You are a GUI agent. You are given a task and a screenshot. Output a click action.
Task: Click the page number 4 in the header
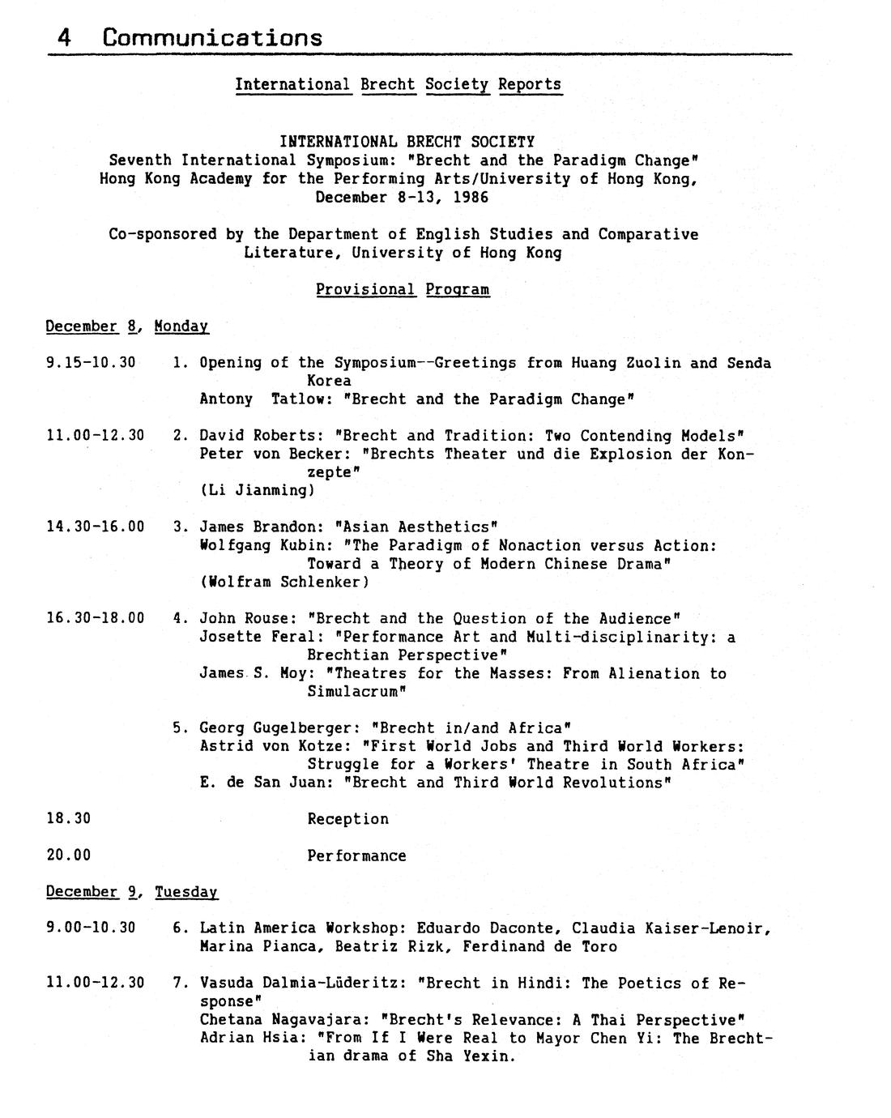click(x=63, y=37)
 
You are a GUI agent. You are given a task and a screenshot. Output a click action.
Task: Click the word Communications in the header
click(x=212, y=37)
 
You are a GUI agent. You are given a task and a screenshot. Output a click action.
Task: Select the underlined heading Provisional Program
click(x=403, y=289)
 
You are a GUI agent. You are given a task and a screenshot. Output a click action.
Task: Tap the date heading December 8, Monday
click(x=127, y=326)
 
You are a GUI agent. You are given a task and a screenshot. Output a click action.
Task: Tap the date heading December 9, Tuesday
click(x=132, y=891)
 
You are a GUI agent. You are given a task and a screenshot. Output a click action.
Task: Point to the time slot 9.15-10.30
click(x=91, y=362)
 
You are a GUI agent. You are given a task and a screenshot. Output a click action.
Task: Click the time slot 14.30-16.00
click(x=96, y=527)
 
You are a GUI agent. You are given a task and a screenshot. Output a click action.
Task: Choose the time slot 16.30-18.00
click(x=96, y=618)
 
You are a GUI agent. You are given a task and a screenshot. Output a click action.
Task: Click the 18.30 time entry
click(x=69, y=818)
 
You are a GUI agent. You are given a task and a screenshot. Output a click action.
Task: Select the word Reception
click(x=347, y=818)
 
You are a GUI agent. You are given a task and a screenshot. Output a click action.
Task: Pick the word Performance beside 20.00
click(x=356, y=855)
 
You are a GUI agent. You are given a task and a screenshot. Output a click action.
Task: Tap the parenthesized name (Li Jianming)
click(x=257, y=490)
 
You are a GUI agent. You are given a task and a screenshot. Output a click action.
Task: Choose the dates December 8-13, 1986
click(x=402, y=197)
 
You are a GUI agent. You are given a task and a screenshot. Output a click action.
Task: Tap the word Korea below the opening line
click(x=329, y=380)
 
